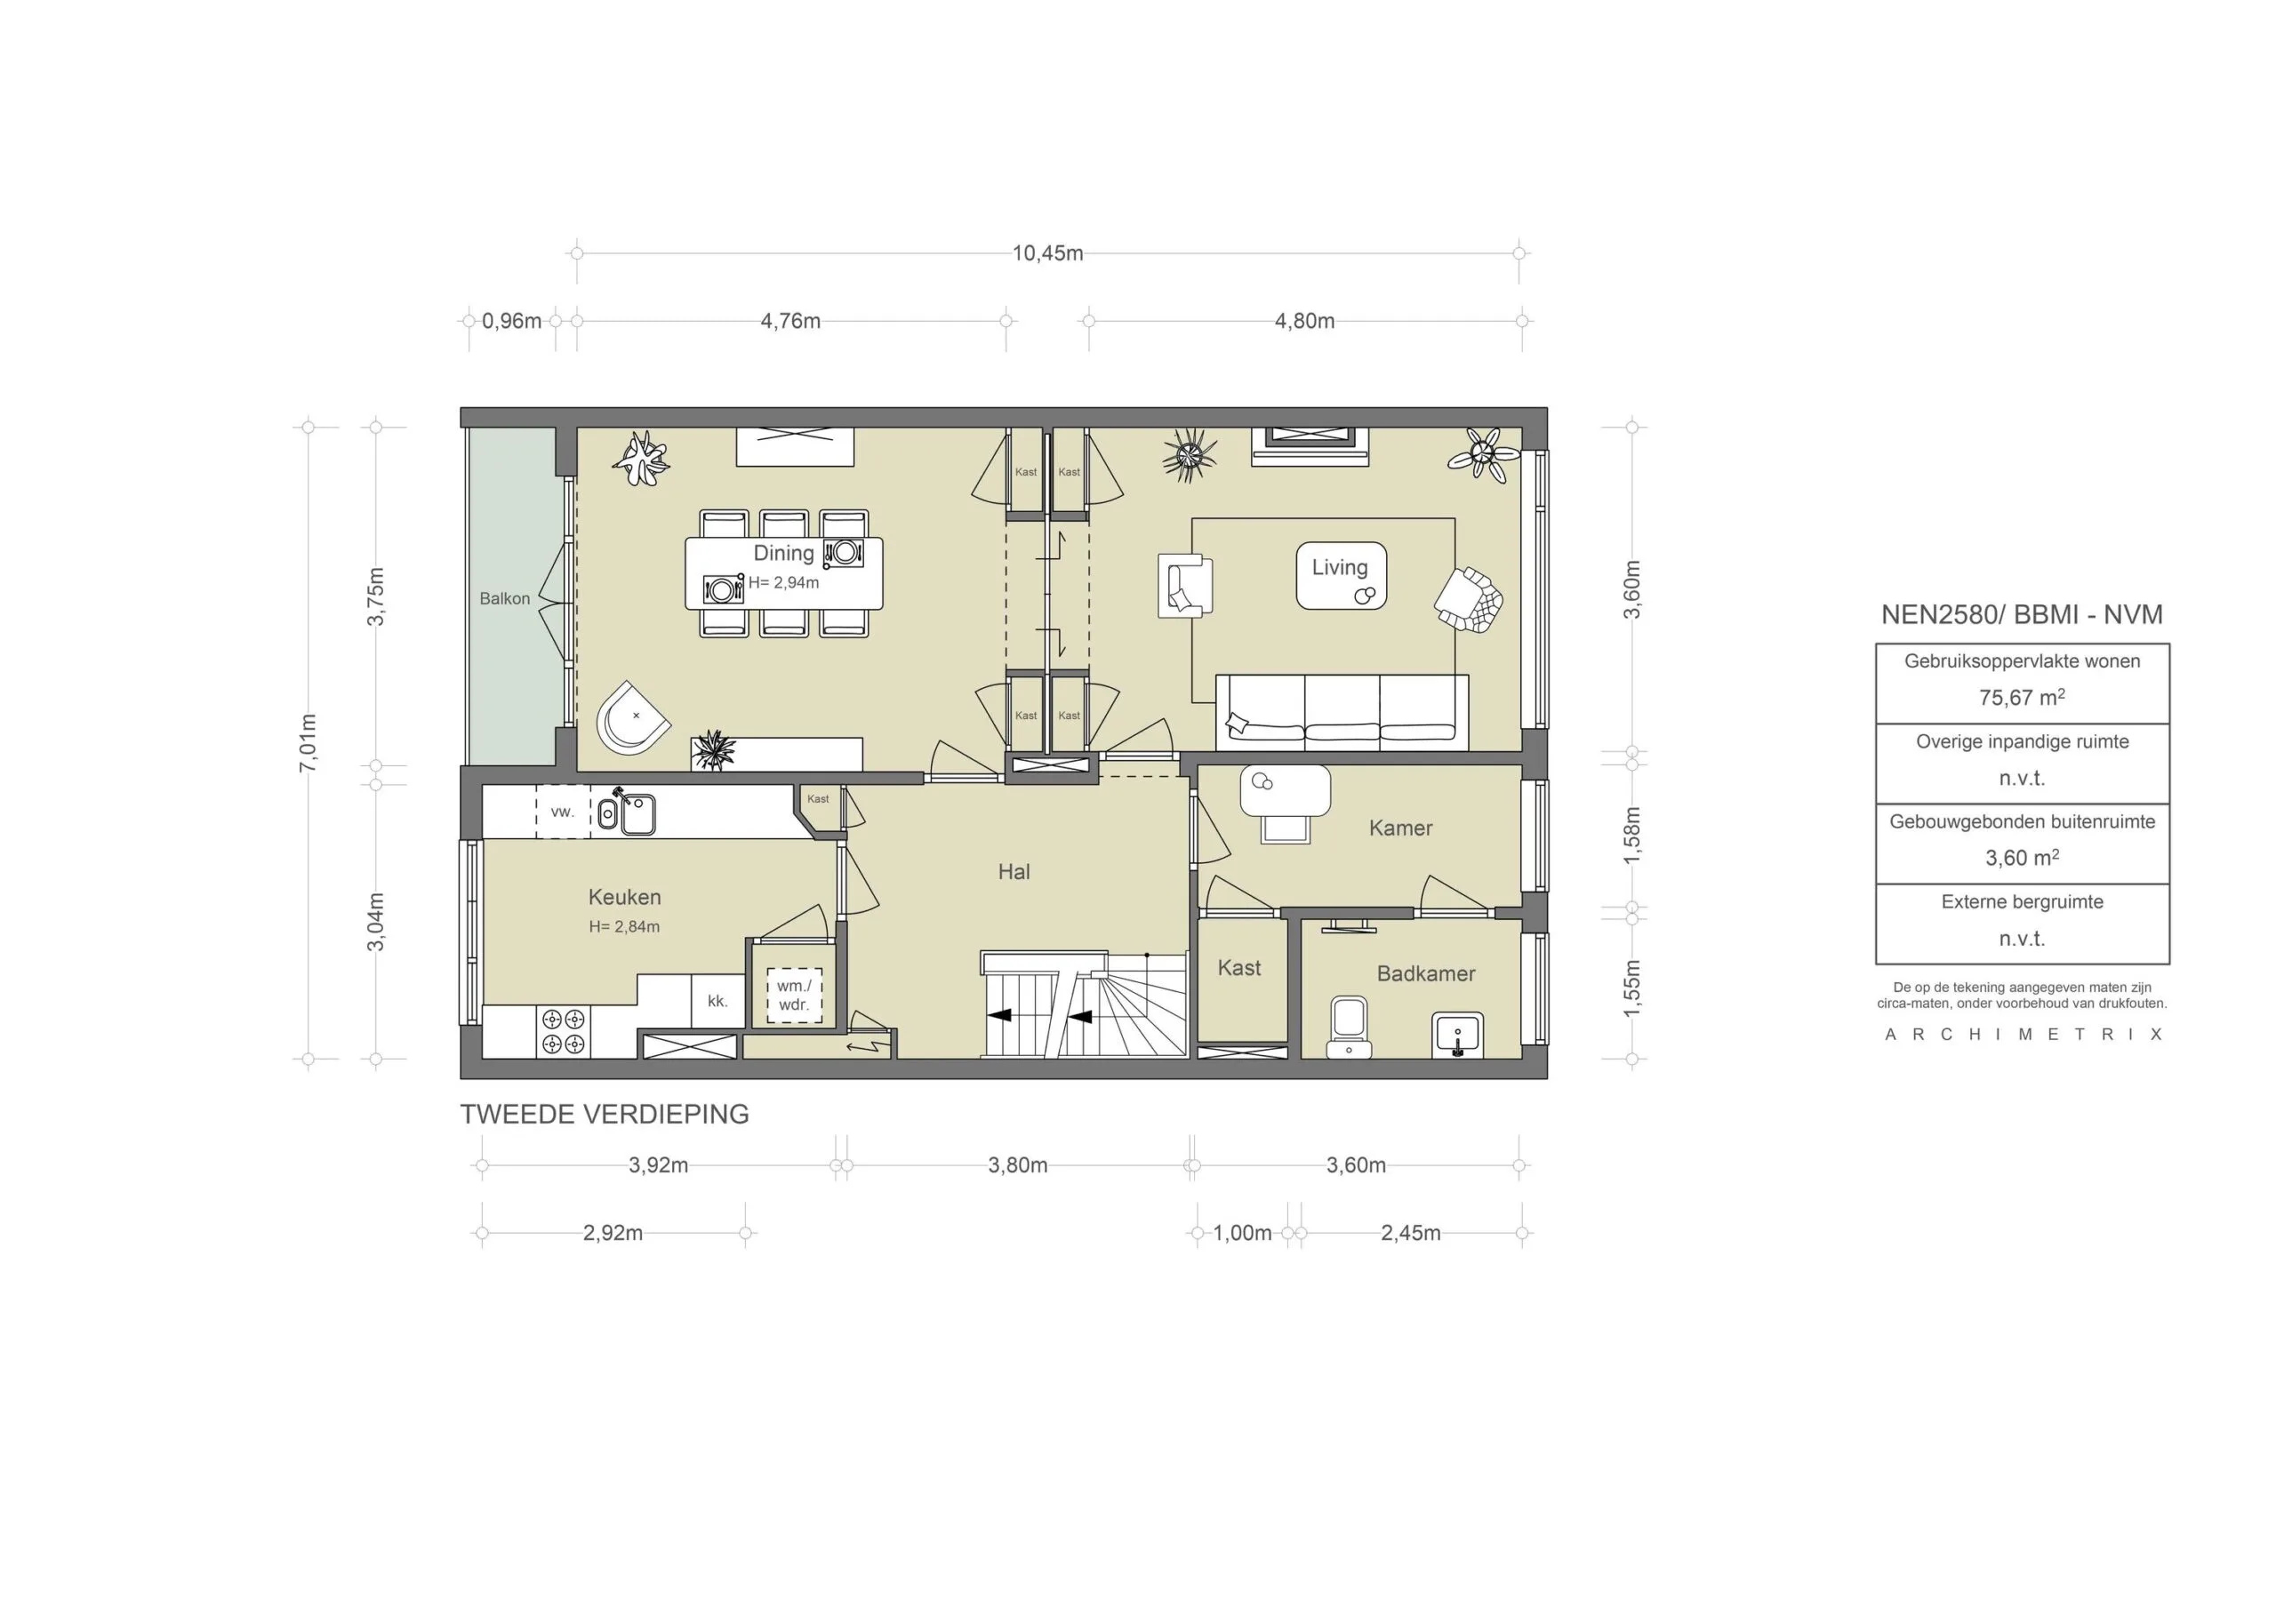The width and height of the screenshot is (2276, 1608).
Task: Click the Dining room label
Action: pos(783,553)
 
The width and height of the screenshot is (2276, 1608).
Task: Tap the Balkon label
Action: pos(505,599)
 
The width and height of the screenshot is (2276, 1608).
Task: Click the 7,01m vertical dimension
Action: pos(309,742)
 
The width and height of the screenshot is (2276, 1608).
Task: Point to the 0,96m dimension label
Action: pos(511,321)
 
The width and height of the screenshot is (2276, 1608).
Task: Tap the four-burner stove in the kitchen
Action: pos(563,1031)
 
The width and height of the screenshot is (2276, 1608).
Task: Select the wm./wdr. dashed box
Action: pos(794,996)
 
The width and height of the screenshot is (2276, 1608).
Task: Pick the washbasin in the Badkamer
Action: pos(1457,1035)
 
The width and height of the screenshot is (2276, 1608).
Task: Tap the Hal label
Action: pos(1014,872)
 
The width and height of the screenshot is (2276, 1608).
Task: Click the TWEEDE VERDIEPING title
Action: pos(605,1115)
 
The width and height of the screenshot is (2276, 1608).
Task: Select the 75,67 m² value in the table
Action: pos(2021,698)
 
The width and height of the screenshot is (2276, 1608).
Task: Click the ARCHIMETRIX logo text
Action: pos(2023,1035)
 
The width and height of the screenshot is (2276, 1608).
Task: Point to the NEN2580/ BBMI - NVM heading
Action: pos(2021,614)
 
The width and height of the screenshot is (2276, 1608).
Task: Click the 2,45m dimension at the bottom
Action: pos(1410,1233)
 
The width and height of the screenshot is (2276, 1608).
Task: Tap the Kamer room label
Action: pos(1399,828)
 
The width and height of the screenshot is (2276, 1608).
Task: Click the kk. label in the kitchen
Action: pos(717,1001)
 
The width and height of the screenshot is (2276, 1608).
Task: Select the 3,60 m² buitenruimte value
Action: pos(2021,859)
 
